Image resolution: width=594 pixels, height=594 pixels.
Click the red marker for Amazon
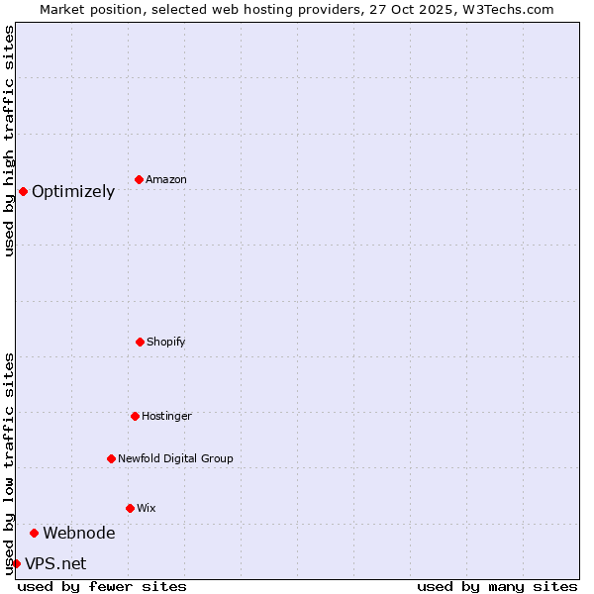(140, 179)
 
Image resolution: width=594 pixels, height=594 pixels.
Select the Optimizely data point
(23, 191)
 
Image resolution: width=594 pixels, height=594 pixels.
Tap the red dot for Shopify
(140, 342)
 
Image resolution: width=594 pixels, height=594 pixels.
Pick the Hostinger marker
(135, 416)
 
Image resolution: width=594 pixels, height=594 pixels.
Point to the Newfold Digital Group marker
(111, 458)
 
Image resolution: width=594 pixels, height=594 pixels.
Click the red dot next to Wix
(130, 508)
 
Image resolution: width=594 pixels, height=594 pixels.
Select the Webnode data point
(34, 533)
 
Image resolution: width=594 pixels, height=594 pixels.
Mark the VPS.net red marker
(16, 563)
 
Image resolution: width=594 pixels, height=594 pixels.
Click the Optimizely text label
(73, 192)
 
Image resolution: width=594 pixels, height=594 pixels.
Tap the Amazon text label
(166, 180)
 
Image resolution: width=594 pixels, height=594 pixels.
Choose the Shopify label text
(166, 343)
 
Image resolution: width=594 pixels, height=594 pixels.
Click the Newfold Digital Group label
(175, 459)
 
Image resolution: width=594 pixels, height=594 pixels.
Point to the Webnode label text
(79, 534)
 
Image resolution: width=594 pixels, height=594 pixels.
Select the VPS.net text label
(55, 564)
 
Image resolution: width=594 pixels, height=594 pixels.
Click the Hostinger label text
(166, 417)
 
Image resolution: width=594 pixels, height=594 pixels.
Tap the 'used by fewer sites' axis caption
(102, 586)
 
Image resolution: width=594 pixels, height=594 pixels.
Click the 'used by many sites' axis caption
(497, 586)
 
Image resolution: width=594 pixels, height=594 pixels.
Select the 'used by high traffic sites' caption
(9, 141)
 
